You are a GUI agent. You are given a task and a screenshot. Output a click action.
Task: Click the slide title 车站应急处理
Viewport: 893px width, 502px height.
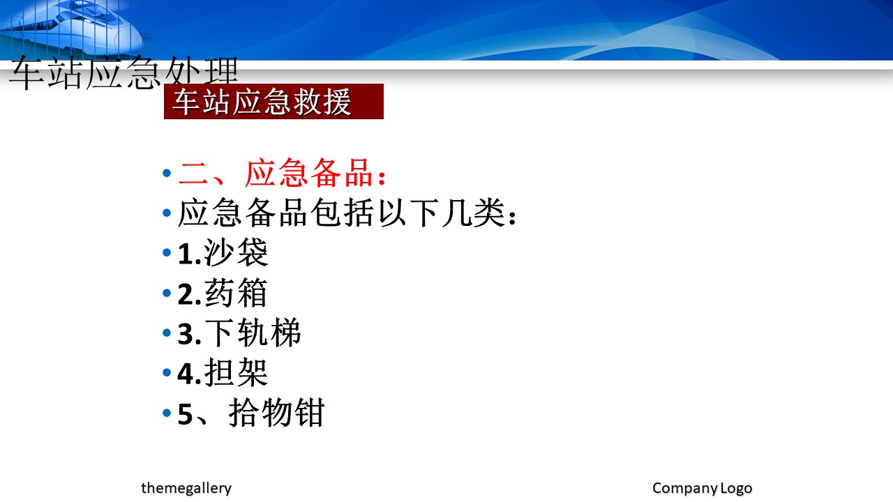123,73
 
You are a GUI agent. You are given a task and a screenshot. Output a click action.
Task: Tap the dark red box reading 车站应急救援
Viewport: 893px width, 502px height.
273,101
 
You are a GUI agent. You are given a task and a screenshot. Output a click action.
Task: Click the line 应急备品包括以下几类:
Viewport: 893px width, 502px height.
347,213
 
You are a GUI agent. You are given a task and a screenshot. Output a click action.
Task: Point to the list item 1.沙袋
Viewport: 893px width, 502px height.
223,252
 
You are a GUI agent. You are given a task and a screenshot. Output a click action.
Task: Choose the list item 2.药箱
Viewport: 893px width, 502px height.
223,293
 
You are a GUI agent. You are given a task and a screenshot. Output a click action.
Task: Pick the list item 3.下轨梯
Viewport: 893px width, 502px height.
239,333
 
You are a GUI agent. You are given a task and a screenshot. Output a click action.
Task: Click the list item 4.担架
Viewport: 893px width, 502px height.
223,373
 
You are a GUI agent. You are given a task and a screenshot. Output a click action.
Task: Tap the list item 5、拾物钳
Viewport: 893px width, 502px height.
251,413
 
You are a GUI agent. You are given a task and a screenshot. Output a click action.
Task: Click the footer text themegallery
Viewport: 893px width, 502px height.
186,488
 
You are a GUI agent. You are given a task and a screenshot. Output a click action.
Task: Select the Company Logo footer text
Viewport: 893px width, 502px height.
702,488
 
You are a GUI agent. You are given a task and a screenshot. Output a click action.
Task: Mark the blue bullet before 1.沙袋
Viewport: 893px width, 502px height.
167,252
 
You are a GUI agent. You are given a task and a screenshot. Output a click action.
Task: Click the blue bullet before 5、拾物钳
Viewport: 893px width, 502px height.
167,412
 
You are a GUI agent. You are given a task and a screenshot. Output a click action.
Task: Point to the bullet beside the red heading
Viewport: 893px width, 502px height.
167,173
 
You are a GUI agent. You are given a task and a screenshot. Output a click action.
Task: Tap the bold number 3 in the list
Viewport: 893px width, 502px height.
186,334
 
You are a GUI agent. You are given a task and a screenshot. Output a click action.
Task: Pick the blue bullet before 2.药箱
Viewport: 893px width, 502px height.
167,293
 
